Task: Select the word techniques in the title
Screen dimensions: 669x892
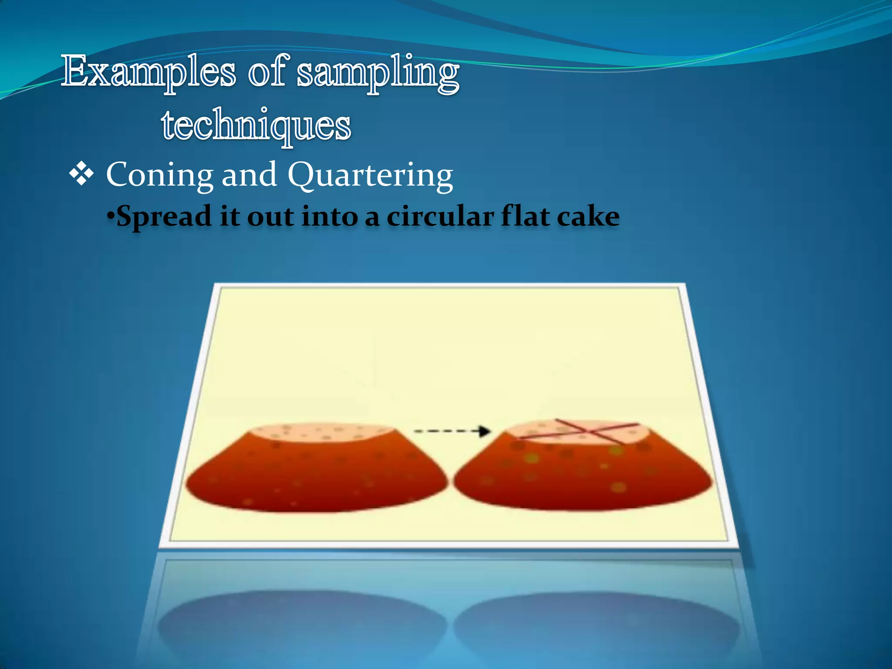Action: (x=256, y=125)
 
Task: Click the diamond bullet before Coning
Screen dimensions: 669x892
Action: (x=81, y=174)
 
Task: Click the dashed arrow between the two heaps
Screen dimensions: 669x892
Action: (x=452, y=431)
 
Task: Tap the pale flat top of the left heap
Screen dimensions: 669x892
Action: (x=322, y=432)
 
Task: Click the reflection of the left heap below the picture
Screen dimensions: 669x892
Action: (x=301, y=623)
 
